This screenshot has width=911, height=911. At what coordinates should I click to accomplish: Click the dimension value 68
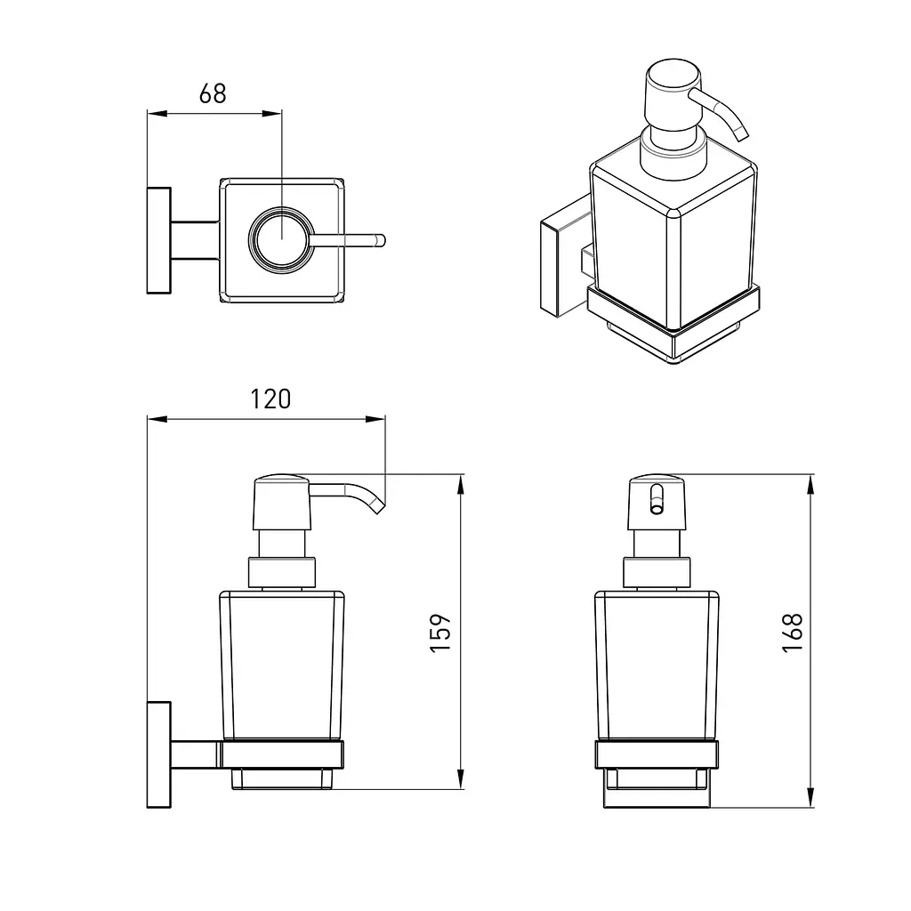click(x=212, y=93)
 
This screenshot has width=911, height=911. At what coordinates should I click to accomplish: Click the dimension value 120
click(x=270, y=399)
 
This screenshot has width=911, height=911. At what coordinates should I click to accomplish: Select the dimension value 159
click(x=440, y=633)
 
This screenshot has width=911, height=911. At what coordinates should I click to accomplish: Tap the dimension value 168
click(x=793, y=633)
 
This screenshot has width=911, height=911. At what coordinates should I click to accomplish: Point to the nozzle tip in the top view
click(x=381, y=240)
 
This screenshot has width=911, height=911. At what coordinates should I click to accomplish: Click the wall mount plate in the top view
click(x=158, y=240)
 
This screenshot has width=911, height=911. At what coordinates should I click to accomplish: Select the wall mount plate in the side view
click(x=158, y=754)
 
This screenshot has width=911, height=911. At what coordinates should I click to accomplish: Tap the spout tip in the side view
click(x=378, y=508)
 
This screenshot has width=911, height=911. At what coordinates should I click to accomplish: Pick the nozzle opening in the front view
click(x=657, y=499)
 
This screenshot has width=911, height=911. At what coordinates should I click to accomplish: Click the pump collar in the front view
click(x=657, y=572)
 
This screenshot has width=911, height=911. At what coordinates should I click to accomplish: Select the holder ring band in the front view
click(x=657, y=754)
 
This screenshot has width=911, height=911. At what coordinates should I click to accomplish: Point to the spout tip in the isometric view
click(x=743, y=135)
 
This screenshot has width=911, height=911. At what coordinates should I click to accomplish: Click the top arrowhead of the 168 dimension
click(x=810, y=484)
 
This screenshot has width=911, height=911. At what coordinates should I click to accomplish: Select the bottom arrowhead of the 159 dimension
click(x=460, y=779)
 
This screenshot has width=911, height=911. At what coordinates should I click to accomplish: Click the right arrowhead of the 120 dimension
click(x=375, y=419)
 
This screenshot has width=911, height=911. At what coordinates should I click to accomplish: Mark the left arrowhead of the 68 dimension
click(x=157, y=113)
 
